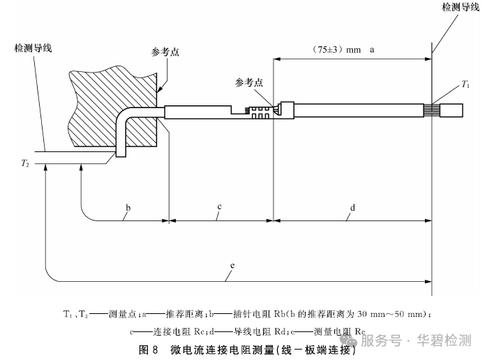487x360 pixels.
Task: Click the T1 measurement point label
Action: point(465,84)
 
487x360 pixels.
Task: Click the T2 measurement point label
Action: point(25,163)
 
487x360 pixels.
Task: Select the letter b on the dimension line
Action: point(128,207)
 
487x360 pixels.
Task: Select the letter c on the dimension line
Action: point(219,207)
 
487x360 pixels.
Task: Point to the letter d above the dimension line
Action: point(352,207)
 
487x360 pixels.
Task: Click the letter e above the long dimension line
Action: point(232,266)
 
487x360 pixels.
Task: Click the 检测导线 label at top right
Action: point(461,6)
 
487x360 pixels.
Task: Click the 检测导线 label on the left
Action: point(33,48)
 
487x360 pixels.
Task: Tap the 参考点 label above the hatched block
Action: point(165,52)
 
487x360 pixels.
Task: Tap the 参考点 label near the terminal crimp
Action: point(249,82)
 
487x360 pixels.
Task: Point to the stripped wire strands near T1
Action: point(432,110)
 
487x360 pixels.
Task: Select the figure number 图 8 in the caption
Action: point(149,350)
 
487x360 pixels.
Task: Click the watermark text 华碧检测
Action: point(444,340)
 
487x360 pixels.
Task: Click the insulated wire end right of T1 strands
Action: point(451,110)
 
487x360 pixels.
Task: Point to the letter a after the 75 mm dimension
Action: point(372,50)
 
